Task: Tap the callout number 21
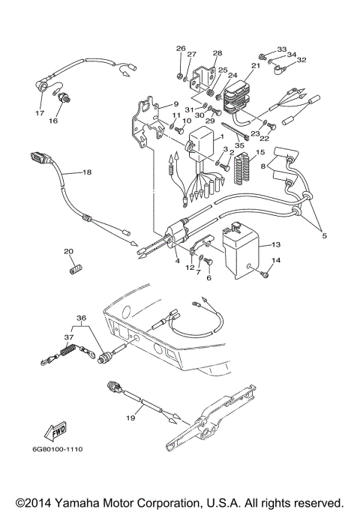point(255,66)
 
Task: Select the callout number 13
point(275,244)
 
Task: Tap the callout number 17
point(40,113)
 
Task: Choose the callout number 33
point(282,49)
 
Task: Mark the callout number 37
point(70,337)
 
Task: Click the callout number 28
point(217,53)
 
